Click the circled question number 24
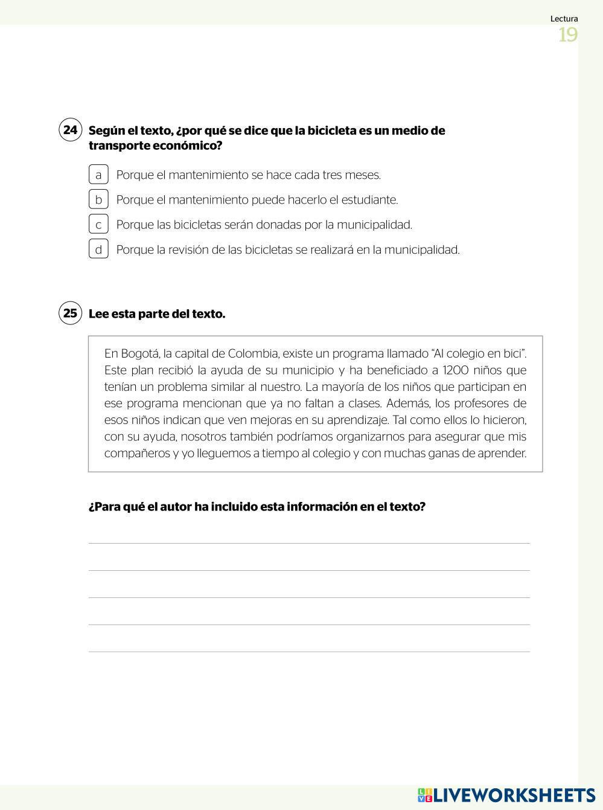[x=70, y=130]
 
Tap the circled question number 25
[x=70, y=313]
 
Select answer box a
[x=98, y=175]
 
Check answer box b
[x=98, y=199]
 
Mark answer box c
[x=98, y=224]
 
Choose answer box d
[x=98, y=249]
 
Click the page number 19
[x=567, y=35]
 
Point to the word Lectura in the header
[x=564, y=19]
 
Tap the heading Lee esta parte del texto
[x=157, y=314]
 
